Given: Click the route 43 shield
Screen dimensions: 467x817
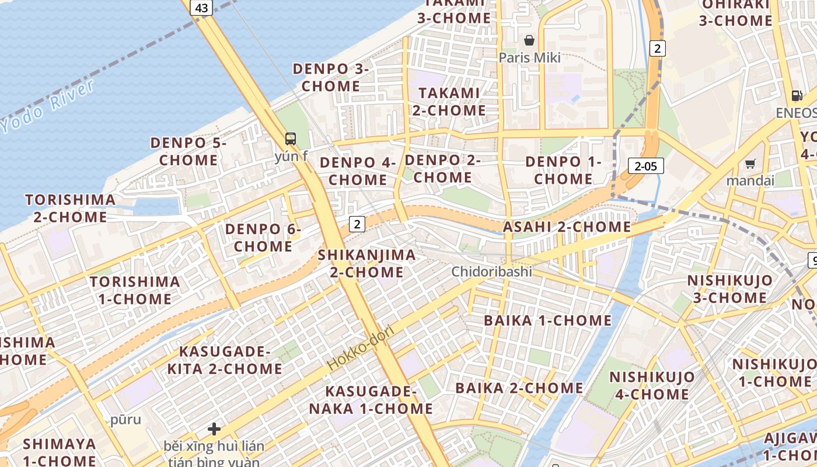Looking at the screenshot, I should click(x=201, y=8).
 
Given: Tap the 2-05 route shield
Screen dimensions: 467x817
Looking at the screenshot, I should click(x=646, y=166).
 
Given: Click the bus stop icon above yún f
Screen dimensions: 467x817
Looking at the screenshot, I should click(x=291, y=139).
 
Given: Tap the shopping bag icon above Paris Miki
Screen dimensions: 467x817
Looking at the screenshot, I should click(x=529, y=40).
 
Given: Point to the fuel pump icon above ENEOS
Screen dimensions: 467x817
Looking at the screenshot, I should click(x=797, y=96).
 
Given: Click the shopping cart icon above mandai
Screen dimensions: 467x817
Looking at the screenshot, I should click(x=750, y=164).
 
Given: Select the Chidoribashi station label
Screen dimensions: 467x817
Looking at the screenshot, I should click(x=492, y=271).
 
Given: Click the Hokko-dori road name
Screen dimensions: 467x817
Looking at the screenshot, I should click(x=361, y=348).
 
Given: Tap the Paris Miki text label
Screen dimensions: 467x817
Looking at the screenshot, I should click(x=529, y=58).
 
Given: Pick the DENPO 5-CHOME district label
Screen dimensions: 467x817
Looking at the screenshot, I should click(x=188, y=151).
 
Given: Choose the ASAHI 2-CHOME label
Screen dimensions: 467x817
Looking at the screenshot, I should click(x=567, y=226).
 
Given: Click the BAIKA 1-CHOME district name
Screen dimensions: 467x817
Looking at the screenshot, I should click(x=547, y=320).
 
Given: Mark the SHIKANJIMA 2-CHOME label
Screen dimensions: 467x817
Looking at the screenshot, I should click(x=367, y=263).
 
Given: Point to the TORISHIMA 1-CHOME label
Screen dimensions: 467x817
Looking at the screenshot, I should click(x=135, y=290).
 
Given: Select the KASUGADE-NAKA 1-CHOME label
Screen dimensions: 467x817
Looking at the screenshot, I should click(x=371, y=400).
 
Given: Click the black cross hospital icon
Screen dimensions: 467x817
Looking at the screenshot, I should click(x=214, y=429).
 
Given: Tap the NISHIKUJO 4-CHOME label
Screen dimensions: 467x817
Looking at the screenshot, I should click(x=652, y=385).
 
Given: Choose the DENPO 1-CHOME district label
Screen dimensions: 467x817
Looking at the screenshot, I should click(x=563, y=170).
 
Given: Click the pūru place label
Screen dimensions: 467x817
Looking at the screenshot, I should click(x=125, y=420).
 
